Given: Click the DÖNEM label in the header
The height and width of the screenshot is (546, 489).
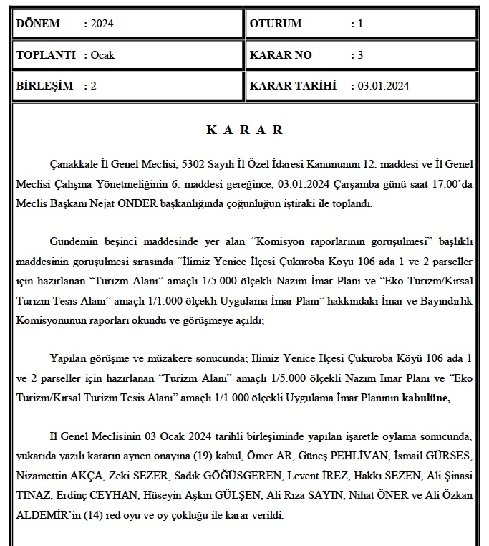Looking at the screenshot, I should [x=37, y=24].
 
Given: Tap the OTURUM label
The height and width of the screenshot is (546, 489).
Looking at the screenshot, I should [x=276, y=24].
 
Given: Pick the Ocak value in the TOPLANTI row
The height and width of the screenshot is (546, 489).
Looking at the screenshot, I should [x=102, y=55].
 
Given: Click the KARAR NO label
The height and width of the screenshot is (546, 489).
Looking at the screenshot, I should [x=280, y=55].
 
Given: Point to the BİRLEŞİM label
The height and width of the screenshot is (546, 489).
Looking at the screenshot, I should [x=44, y=86].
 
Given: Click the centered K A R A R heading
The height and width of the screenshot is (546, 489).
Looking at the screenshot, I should [x=244, y=130].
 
